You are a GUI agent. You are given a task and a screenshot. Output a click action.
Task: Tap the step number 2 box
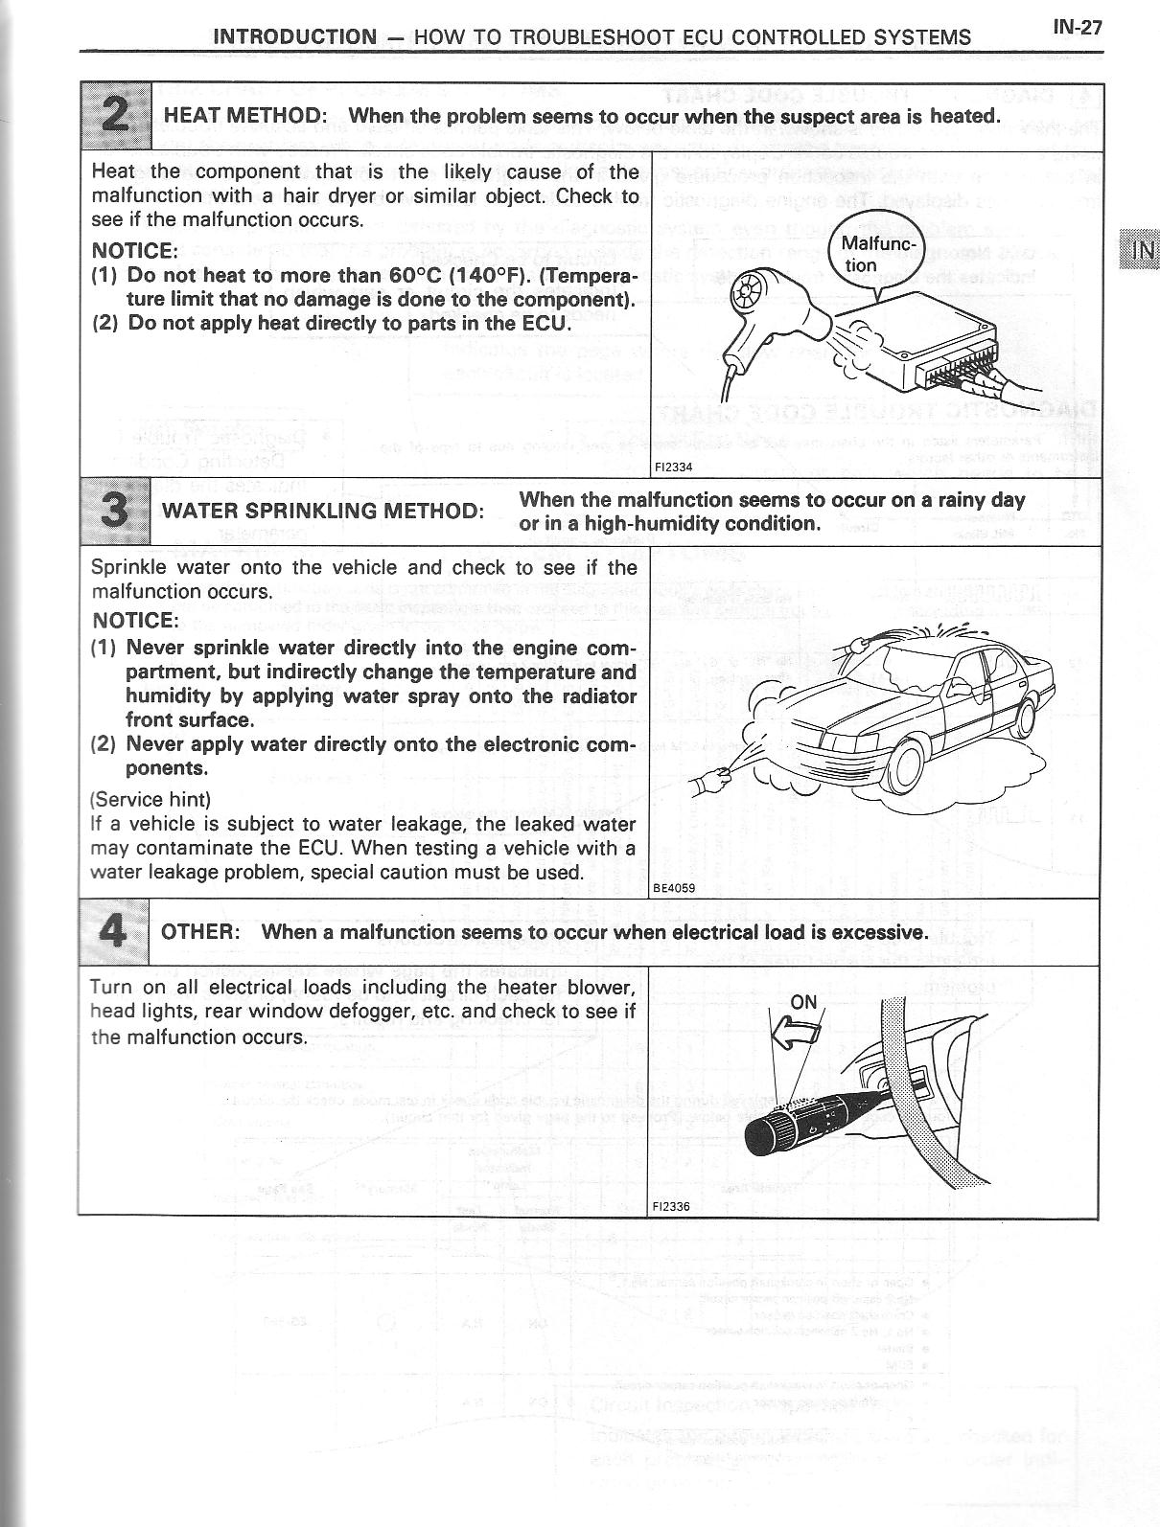[x=115, y=116]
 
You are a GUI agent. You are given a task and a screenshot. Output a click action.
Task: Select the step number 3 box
[x=115, y=510]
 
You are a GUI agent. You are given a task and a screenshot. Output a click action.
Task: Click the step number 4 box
[x=114, y=932]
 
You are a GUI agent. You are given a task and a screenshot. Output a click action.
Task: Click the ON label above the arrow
[x=803, y=1002]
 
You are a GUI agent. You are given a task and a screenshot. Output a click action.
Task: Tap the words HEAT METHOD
[x=245, y=116]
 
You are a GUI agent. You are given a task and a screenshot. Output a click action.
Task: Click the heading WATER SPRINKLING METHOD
[x=322, y=511]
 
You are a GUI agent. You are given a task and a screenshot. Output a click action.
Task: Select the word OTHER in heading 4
[x=199, y=932]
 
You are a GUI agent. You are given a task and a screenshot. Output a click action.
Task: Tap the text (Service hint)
[x=151, y=799]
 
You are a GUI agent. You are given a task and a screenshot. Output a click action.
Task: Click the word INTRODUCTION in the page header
[x=295, y=37]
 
